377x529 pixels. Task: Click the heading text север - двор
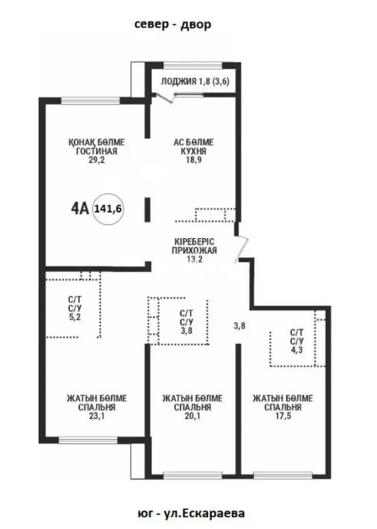172,24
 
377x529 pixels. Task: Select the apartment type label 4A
80,208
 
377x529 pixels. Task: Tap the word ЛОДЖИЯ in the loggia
178,82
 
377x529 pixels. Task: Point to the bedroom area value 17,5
282,416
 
